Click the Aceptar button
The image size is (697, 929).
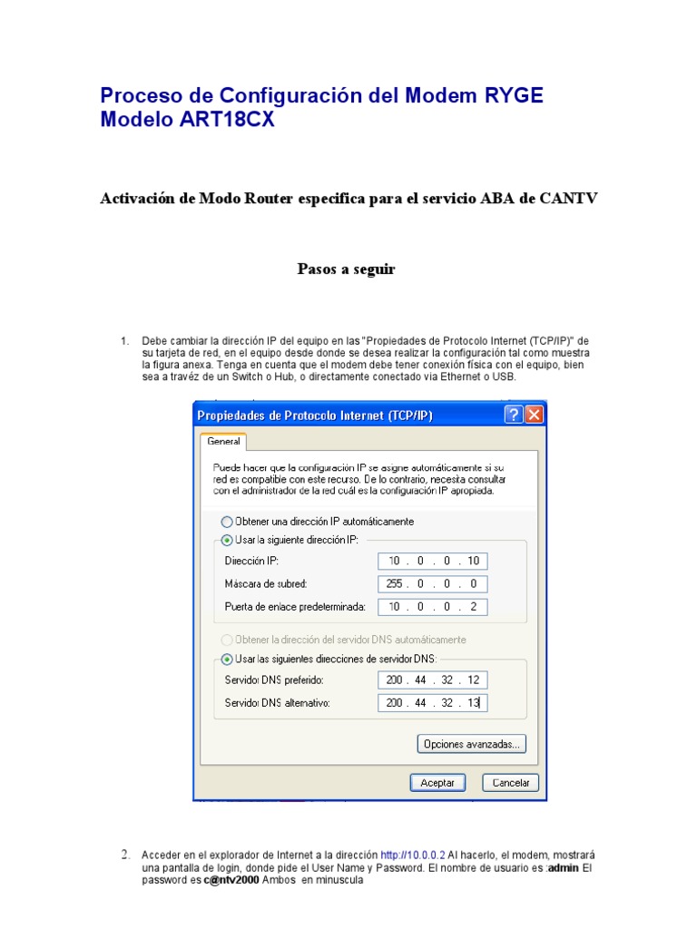pyautogui.click(x=437, y=782)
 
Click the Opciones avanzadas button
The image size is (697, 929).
pyautogui.click(x=471, y=744)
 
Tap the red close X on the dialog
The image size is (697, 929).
pyautogui.click(x=534, y=415)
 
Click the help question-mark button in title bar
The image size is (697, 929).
pyautogui.click(x=514, y=415)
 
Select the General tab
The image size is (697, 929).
pyautogui.click(x=223, y=442)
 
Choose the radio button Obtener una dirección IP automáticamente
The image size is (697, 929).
pyautogui.click(x=227, y=522)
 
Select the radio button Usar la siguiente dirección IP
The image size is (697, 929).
pyautogui.click(x=227, y=539)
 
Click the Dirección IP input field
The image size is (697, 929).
pyautogui.click(x=434, y=561)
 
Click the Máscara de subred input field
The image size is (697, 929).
pyautogui.click(x=434, y=583)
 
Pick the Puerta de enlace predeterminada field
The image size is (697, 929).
pyautogui.click(x=434, y=606)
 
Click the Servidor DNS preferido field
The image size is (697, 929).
pyautogui.click(x=434, y=680)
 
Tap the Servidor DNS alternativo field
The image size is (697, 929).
pyautogui.click(x=434, y=702)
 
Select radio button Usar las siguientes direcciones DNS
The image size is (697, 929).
pyautogui.click(x=227, y=658)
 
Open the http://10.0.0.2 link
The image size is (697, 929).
pyautogui.click(x=413, y=855)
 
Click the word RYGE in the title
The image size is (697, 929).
pyautogui.click(x=513, y=95)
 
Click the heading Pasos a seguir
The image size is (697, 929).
pyautogui.click(x=347, y=269)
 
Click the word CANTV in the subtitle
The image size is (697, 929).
pyautogui.click(x=567, y=199)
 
